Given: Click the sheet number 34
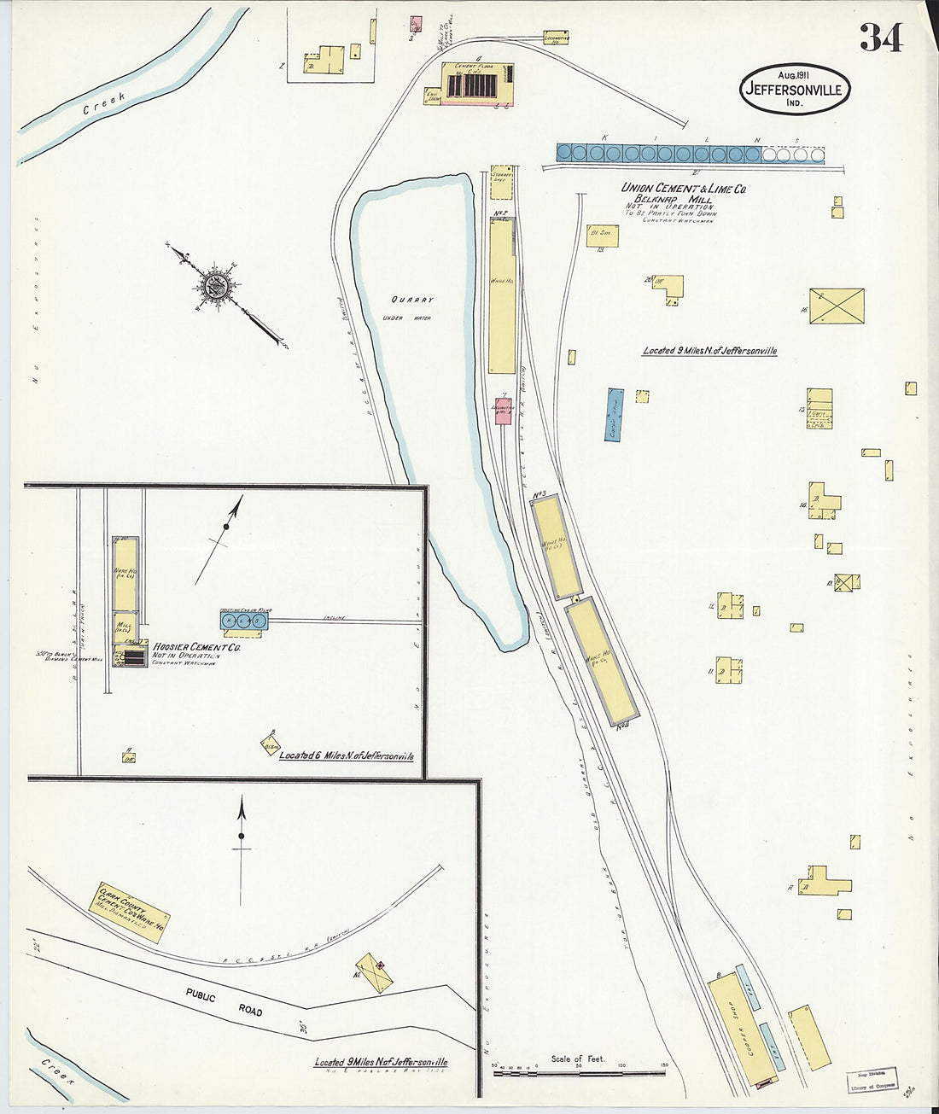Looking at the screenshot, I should pos(880,37).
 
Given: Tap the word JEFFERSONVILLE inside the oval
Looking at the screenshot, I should pos(794,89).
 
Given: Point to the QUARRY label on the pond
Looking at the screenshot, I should pos(412,300).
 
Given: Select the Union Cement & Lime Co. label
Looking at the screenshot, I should pos(683,188).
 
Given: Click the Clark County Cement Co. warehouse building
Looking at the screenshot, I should pos(129,912).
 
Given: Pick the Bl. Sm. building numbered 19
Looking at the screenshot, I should pos(603,235).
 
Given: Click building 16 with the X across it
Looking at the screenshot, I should pos(837,306).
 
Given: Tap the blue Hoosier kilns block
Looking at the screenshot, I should pos(244,621).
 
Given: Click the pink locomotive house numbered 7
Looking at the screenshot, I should pos(504,411).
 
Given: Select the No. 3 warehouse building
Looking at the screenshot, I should pos(557,545).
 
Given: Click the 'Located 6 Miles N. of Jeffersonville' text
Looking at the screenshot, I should pos(346,755).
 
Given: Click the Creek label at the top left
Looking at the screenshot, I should pos(104,102).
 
